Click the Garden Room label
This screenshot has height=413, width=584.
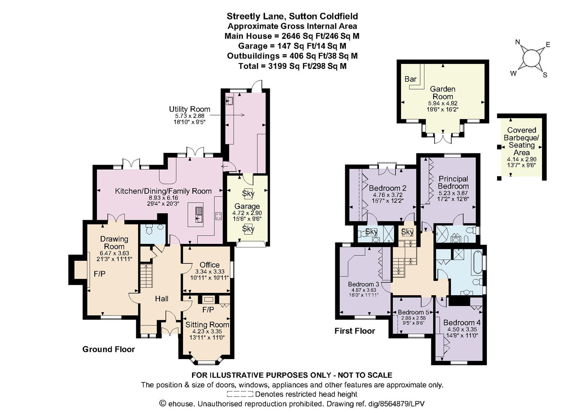pos(442,93)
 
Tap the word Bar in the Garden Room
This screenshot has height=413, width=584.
pos(410,79)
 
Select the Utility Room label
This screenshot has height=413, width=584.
pos(189,109)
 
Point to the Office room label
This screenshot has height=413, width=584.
pos(210,265)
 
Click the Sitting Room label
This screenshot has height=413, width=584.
pos(207,325)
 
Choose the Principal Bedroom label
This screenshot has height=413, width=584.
pos(453,182)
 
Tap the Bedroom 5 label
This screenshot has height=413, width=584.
pos(413,312)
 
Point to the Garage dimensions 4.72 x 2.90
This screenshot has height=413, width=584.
pos(247,213)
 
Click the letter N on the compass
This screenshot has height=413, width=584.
pos(518,42)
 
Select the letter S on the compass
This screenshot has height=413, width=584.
pos(545,75)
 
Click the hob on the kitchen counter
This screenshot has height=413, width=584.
pos(219,216)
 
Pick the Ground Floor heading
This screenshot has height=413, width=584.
pos(108,349)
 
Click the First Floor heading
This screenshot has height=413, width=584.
pos(354,331)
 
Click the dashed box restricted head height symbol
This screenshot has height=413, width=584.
pos(240,394)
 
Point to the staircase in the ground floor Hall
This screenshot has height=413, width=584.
pos(146,276)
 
